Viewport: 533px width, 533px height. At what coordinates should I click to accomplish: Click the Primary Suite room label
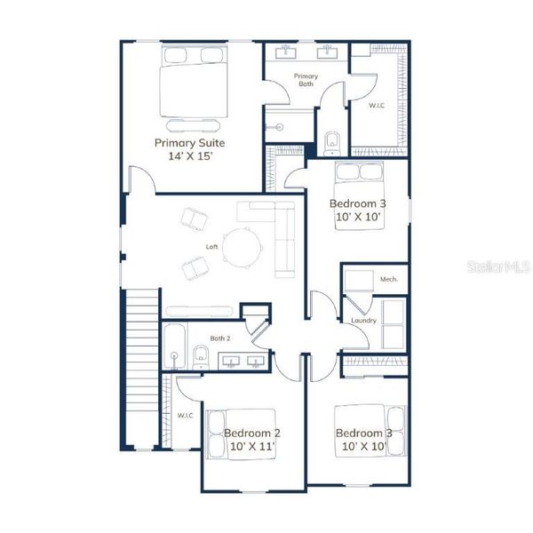pyautogui.click(x=189, y=142)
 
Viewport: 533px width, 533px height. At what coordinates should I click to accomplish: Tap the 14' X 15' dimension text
pyautogui.click(x=189, y=155)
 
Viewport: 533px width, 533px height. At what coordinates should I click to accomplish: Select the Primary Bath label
pyautogui.click(x=306, y=80)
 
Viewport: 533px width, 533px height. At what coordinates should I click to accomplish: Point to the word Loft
pyautogui.click(x=212, y=246)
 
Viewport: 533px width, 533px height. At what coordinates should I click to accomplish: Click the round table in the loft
pyautogui.click(x=242, y=246)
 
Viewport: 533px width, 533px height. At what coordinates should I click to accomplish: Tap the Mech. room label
pyautogui.click(x=388, y=279)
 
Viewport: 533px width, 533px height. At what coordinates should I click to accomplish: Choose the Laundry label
pyautogui.click(x=363, y=320)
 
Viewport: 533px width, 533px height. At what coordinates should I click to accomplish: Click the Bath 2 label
pyautogui.click(x=220, y=338)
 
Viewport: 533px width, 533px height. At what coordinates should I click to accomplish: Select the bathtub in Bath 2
pyautogui.click(x=174, y=346)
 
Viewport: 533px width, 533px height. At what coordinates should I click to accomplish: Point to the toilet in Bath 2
pyautogui.click(x=200, y=357)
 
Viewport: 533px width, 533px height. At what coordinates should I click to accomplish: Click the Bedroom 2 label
pyautogui.click(x=252, y=433)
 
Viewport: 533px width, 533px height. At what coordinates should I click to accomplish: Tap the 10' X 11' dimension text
pyautogui.click(x=252, y=447)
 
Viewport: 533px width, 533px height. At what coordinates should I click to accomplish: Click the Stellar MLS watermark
pyautogui.click(x=503, y=266)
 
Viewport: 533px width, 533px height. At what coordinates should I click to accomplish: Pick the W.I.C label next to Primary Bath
pyautogui.click(x=378, y=105)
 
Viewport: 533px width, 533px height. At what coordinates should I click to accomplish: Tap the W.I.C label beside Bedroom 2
pyautogui.click(x=185, y=415)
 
